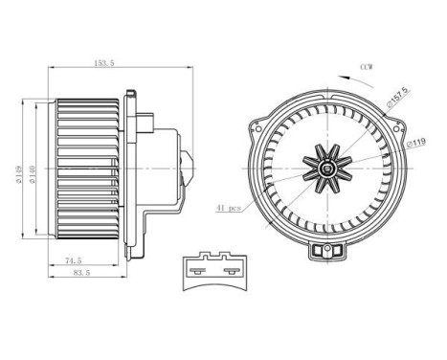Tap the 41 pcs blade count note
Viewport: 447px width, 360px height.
click(229, 207)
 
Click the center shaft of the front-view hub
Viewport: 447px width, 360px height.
click(328, 169)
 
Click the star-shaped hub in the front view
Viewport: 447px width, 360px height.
click(328, 169)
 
